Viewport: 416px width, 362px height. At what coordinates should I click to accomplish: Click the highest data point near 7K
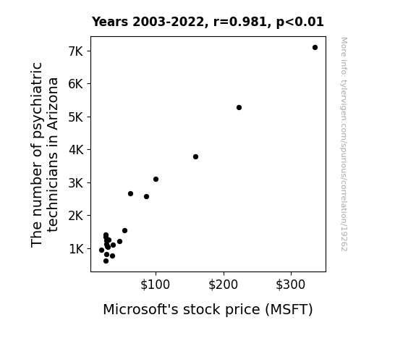[315, 48]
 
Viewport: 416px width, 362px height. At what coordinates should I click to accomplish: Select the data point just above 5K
[239, 108]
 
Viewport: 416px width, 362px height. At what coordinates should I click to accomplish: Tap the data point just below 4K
[195, 156]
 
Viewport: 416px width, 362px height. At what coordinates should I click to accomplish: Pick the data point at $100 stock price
[156, 180]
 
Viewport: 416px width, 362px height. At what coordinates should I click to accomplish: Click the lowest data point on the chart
[106, 261]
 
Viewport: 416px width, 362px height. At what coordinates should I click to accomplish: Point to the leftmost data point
[101, 251]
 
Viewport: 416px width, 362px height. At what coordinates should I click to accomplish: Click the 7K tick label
[76, 51]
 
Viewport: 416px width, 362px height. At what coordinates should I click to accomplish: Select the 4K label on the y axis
[76, 150]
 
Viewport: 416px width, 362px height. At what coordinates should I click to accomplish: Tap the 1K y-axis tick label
[77, 249]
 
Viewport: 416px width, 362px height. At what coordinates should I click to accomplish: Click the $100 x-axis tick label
[156, 285]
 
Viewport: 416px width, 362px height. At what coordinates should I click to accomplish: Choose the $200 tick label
[223, 285]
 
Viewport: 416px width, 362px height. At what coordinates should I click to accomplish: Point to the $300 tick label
[291, 285]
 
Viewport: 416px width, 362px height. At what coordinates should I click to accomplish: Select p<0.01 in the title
[300, 22]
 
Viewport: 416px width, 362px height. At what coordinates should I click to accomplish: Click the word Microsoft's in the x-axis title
[140, 309]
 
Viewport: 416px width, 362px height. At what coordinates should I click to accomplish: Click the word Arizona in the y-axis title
[53, 104]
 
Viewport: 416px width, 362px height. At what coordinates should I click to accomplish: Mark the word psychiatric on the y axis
[37, 100]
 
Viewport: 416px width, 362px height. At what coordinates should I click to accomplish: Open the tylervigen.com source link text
[344, 144]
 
